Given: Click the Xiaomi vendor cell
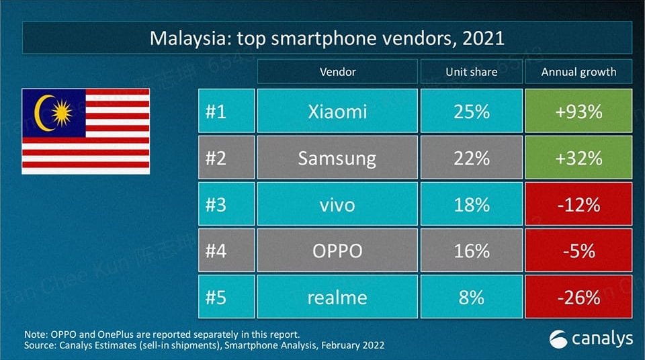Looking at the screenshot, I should coord(337,111).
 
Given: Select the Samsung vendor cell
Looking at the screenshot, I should coord(337,158).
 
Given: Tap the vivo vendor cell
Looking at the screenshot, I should coord(337,204).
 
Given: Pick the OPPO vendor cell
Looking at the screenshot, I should coord(337,251).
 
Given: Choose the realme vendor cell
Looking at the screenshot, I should coord(337,297).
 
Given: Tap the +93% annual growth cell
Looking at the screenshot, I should coord(578,111).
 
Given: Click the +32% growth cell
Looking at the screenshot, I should coord(578,158).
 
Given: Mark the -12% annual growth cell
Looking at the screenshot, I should coord(578,204).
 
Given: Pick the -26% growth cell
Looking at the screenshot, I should coord(578,297).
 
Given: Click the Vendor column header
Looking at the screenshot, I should coord(337,71).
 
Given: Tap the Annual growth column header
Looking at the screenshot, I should coord(578,71).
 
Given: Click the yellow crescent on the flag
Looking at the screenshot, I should coord(42,114).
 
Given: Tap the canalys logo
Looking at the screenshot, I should coord(591,339).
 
